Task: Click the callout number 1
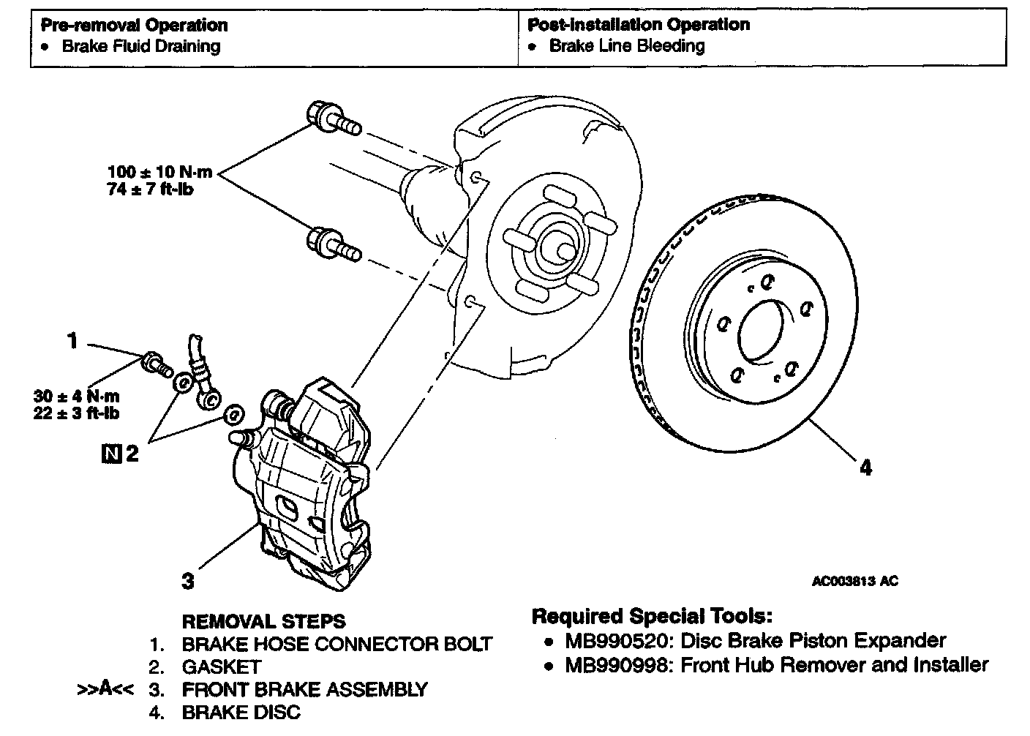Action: coord(72,341)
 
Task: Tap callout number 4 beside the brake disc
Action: coord(865,467)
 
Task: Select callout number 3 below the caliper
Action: coord(188,582)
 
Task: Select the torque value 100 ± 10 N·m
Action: coord(159,173)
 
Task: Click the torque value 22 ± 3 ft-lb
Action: coord(76,413)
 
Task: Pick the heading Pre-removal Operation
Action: coord(134,25)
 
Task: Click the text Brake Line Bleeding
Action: coord(627,46)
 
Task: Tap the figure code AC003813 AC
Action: coord(854,582)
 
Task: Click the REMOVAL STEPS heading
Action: coord(263,622)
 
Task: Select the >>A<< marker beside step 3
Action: coord(105,688)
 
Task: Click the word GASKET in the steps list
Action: coord(221,666)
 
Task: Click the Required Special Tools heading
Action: coord(651,616)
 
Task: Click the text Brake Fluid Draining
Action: coord(140,47)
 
